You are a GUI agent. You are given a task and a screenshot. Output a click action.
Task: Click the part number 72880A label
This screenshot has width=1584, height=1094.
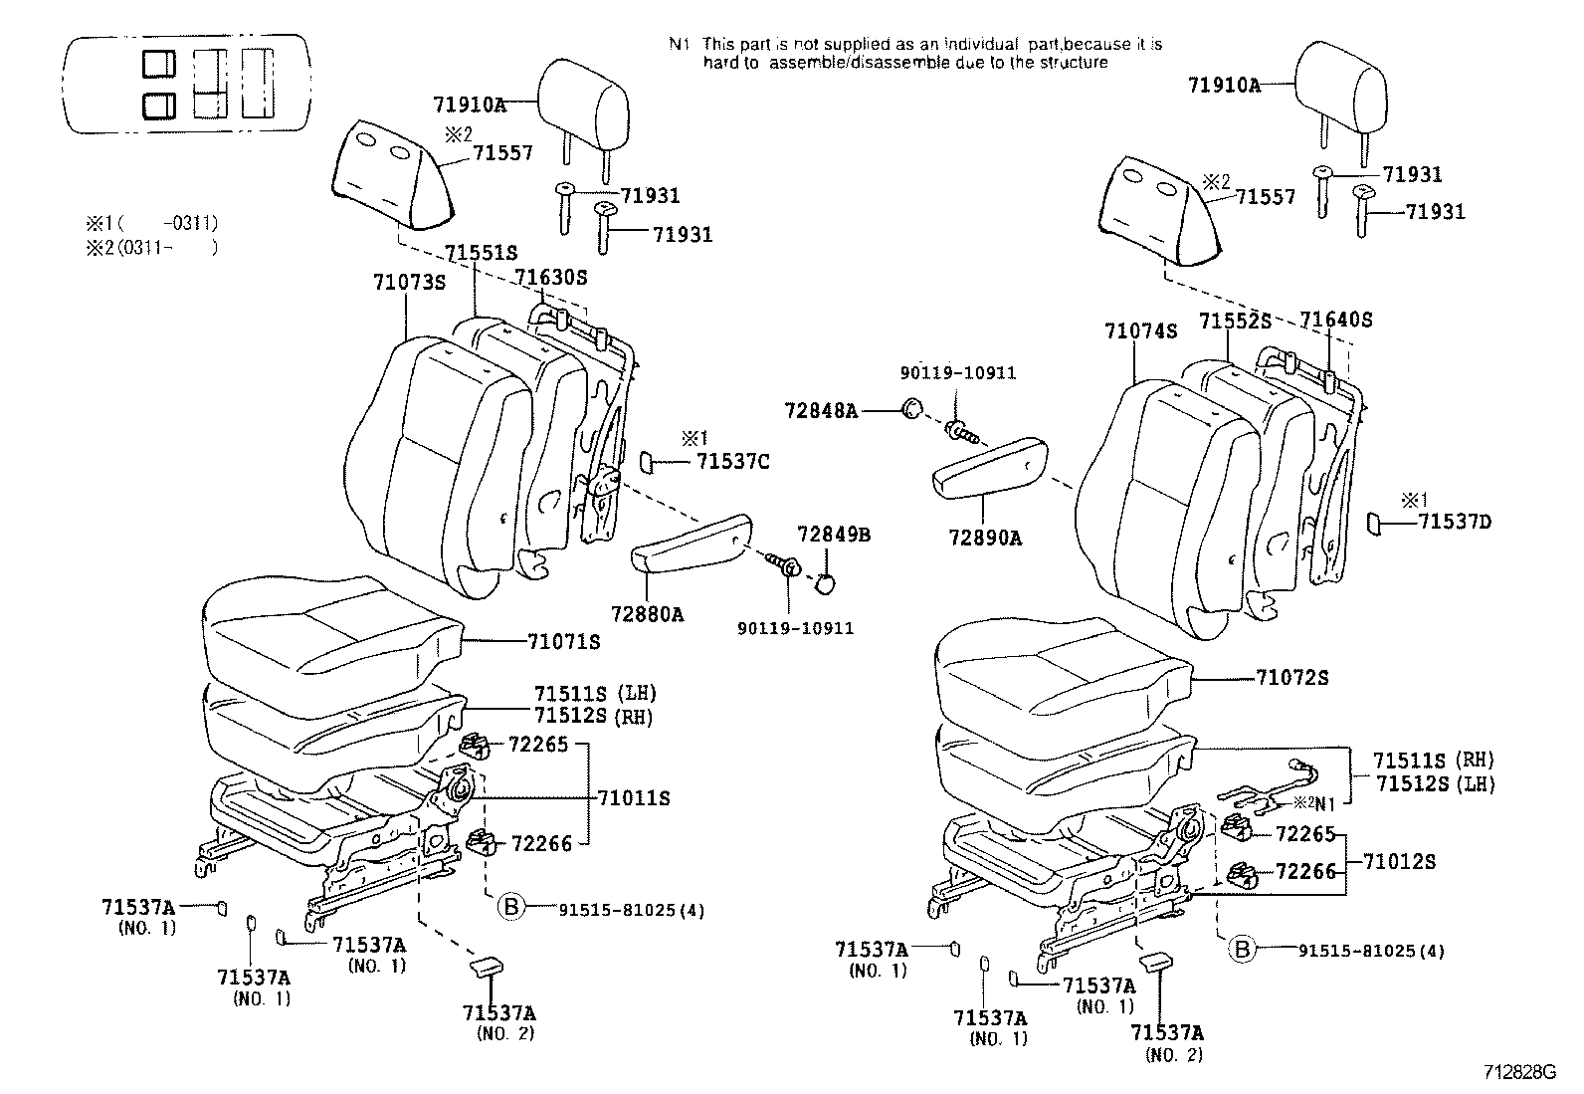point(648,614)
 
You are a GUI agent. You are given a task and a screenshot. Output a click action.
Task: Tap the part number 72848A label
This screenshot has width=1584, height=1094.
point(820,409)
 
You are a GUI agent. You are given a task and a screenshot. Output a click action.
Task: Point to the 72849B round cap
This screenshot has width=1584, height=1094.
point(825,583)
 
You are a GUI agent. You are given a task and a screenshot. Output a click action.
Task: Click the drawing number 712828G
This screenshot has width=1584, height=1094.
point(1518,1072)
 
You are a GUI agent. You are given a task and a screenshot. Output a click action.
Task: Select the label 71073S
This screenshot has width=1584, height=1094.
point(409,282)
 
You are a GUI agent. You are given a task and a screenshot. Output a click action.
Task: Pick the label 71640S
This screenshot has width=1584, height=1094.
point(1336,320)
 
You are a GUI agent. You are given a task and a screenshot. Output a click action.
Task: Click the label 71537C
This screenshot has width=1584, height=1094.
point(732,461)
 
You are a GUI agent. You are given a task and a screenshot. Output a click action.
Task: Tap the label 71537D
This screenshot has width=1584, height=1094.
point(1455,521)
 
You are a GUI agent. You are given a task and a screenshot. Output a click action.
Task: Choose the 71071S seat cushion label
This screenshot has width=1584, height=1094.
point(564,642)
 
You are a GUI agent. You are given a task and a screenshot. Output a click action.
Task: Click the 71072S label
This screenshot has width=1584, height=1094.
point(1292,677)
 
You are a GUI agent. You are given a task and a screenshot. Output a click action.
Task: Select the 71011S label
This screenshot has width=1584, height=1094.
point(634,797)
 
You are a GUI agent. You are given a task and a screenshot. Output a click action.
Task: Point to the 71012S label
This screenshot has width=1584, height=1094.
point(1399,861)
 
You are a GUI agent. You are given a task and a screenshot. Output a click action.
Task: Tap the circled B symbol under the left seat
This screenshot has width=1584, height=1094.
point(509,907)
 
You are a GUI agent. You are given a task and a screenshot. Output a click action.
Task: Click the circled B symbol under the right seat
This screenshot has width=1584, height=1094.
point(1242,950)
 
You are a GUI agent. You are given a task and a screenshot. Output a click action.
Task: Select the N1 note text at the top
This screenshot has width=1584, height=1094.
point(914,53)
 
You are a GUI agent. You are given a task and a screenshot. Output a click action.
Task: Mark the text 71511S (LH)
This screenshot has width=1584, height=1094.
point(595,693)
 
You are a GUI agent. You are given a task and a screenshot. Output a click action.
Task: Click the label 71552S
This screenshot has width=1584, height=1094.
point(1235,321)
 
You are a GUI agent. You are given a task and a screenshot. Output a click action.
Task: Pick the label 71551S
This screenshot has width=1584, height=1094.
point(481,253)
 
